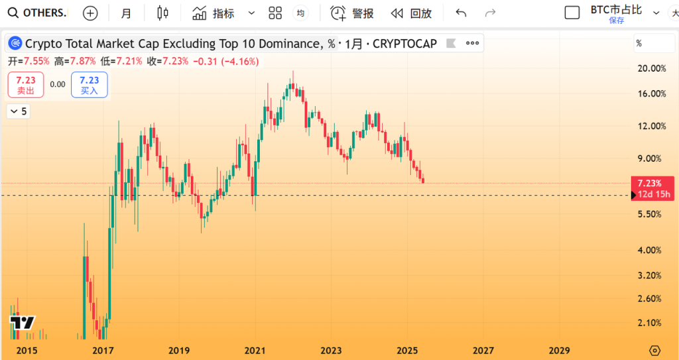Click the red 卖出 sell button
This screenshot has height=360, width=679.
click(26, 85)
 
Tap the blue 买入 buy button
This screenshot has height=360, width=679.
click(90, 85)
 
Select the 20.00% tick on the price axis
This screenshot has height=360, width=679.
click(651, 68)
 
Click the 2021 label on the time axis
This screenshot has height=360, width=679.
click(255, 351)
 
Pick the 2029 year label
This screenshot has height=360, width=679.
click(559, 351)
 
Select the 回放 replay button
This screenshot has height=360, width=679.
click(412, 13)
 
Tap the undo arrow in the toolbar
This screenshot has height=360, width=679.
click(462, 13)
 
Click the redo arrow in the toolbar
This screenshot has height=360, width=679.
click(491, 13)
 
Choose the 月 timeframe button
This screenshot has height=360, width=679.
click(126, 13)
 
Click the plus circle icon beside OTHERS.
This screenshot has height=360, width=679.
click(90, 13)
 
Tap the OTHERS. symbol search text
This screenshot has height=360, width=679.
click(44, 13)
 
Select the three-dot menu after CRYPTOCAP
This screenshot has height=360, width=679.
click(473, 44)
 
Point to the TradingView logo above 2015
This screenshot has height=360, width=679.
click(22, 323)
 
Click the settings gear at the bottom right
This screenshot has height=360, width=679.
click(655, 351)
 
